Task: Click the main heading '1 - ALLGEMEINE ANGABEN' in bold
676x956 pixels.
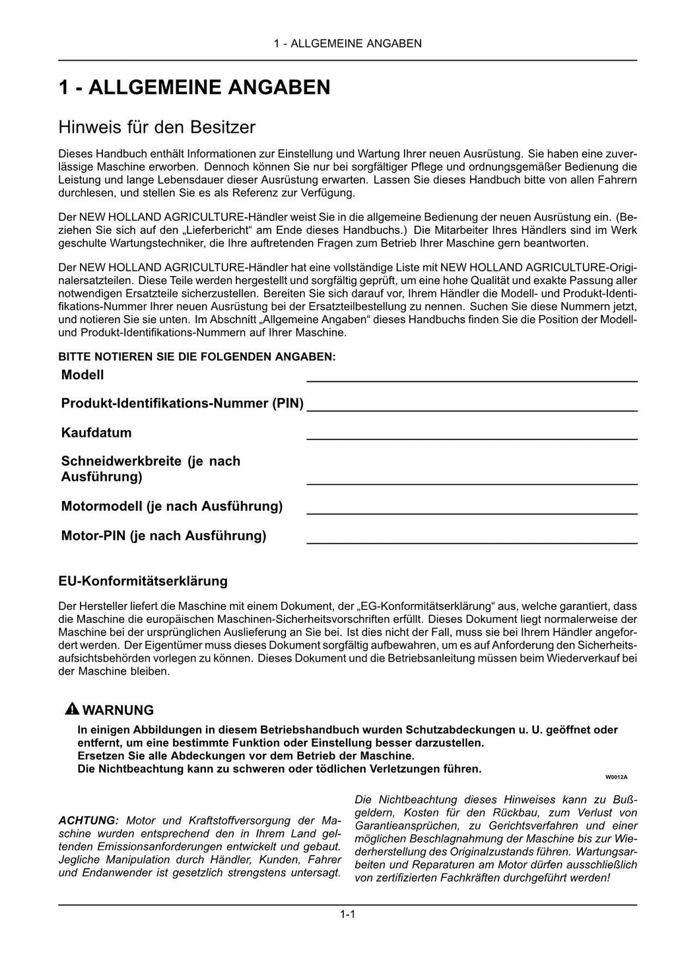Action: pos(194,87)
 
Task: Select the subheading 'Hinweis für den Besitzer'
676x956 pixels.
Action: pos(156,126)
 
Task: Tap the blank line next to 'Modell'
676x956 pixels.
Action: pos(471,380)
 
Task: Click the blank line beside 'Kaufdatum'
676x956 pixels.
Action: pos(471,438)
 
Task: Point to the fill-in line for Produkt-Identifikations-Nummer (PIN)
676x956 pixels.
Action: pos(471,410)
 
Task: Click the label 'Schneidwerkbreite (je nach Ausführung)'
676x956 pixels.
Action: pos(151,468)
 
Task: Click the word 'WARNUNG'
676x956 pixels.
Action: pos(119,710)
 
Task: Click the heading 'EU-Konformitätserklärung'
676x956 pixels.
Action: pos(143,581)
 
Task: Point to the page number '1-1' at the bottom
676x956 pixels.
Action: pos(348,914)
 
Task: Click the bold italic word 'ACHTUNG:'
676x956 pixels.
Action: pos(88,821)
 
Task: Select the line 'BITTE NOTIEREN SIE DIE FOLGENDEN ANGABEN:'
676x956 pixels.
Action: pos(197,357)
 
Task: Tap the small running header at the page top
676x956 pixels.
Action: pos(347,44)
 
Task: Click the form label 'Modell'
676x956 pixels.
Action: pos(83,375)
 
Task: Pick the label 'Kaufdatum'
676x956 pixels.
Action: pos(96,433)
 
